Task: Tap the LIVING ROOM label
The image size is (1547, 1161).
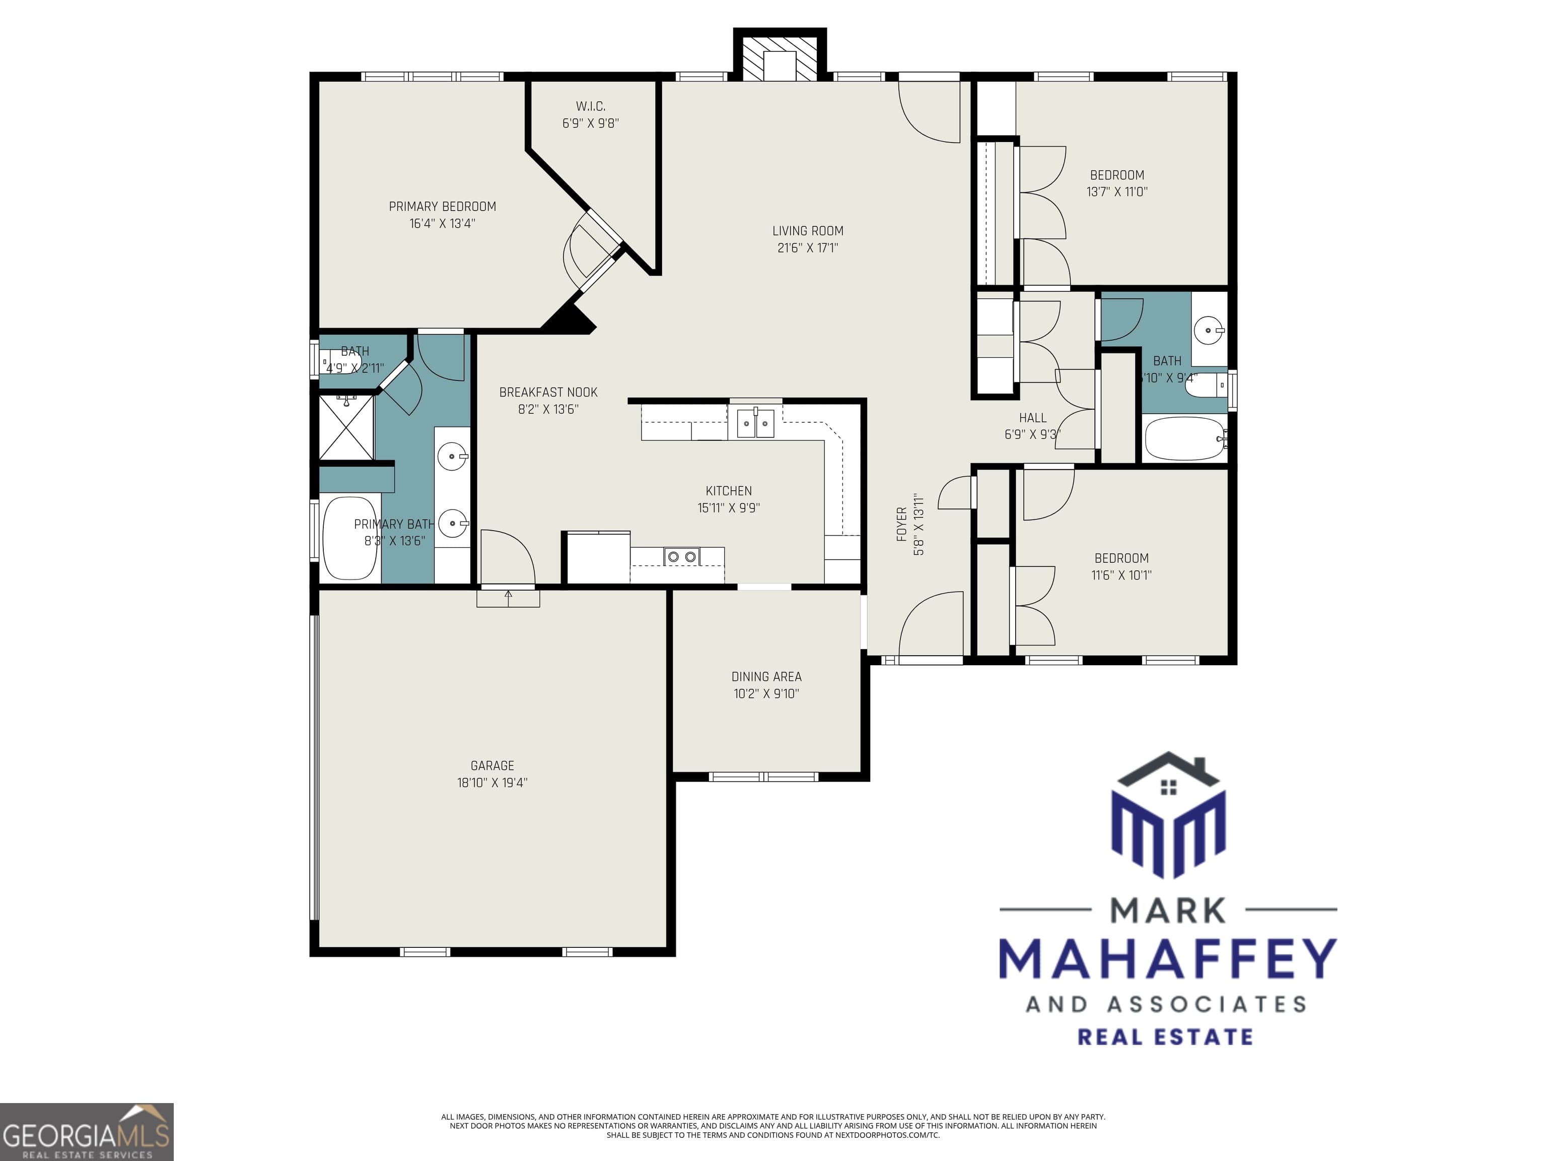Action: pos(808,231)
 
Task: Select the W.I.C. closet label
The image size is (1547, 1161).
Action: pos(590,106)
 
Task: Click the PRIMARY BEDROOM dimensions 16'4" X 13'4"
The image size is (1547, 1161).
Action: pos(442,224)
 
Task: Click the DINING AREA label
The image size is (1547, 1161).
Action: pos(766,677)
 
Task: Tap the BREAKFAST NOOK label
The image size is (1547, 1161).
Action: pos(548,393)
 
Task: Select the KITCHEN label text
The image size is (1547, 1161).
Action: pos(729,491)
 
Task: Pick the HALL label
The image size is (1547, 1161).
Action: pos(1032,418)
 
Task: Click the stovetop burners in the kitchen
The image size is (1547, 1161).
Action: pos(682,557)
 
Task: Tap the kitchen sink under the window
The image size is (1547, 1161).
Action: pos(755,423)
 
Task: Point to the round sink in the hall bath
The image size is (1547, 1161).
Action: pos(1208,331)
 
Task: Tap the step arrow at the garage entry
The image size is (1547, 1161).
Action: pos(509,596)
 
